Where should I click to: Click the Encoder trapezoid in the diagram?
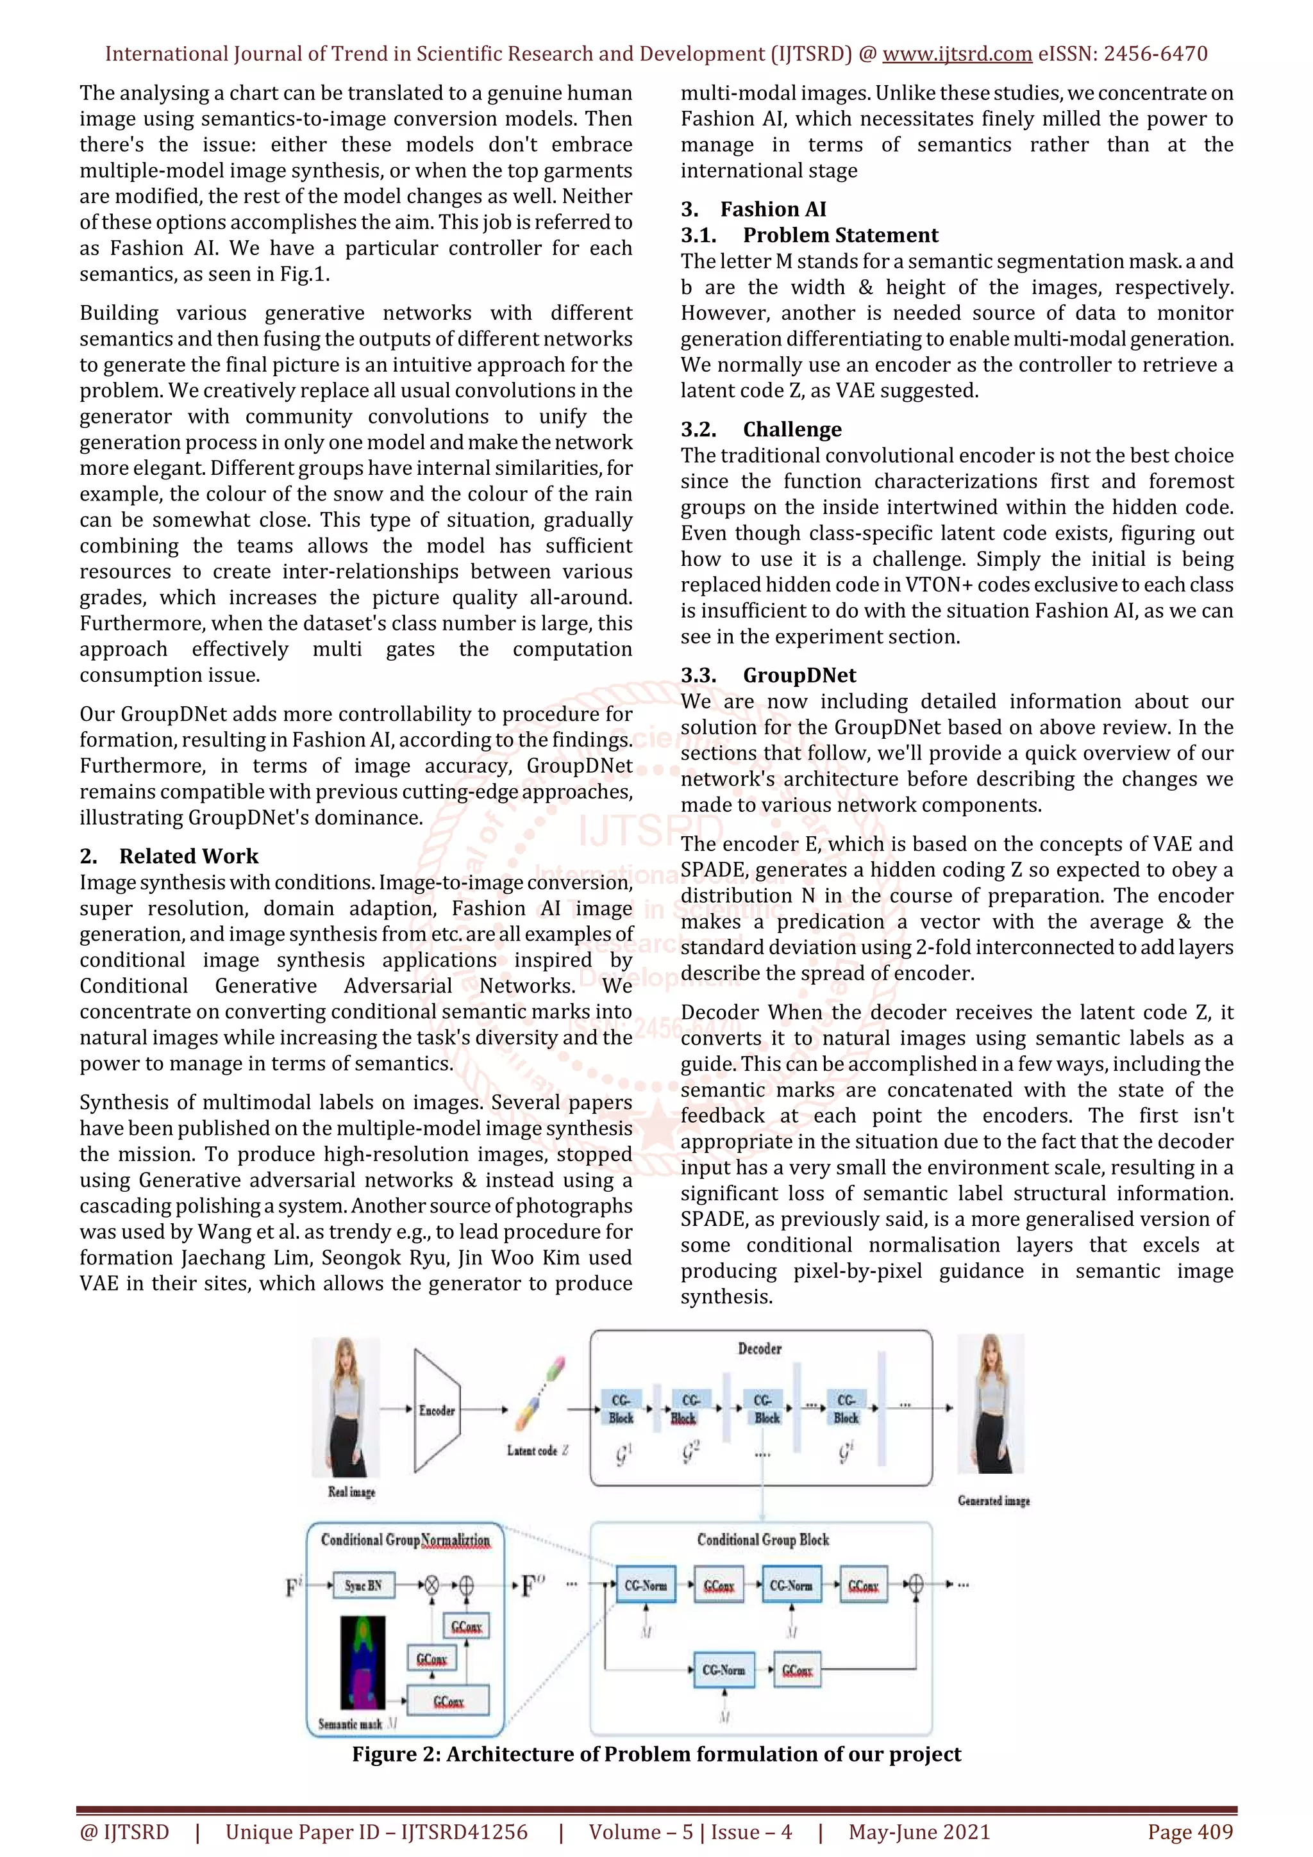[437, 1410]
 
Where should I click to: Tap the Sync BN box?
[364, 1585]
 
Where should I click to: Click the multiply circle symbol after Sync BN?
[432, 1585]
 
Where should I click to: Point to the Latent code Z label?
[537, 1450]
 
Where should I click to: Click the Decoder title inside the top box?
[760, 1348]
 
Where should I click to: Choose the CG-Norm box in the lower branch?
[723, 1669]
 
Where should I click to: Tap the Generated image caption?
[994, 1500]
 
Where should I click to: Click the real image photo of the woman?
[346, 1407]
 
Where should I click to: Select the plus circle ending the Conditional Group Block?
[916, 1585]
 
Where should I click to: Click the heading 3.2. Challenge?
[760, 429]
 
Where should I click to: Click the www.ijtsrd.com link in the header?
[957, 54]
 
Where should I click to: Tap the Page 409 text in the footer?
[1189, 1832]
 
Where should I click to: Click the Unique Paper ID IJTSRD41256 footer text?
[376, 1832]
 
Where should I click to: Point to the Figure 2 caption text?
[656, 1753]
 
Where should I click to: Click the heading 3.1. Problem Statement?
[809, 235]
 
